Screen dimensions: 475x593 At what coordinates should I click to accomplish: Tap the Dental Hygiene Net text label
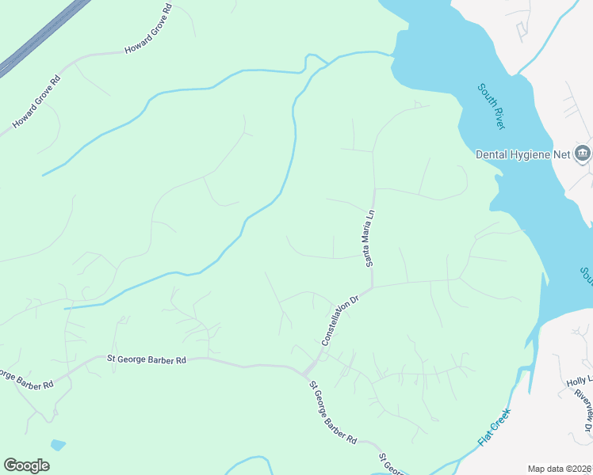(x=522, y=154)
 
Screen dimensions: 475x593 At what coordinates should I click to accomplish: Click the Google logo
(x=26, y=465)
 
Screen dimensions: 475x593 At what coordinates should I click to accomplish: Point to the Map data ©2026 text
(x=559, y=468)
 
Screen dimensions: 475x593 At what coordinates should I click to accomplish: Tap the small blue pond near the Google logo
(x=57, y=445)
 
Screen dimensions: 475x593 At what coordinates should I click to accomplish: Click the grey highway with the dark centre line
(x=40, y=40)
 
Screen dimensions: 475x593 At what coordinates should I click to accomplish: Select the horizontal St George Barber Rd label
(x=147, y=359)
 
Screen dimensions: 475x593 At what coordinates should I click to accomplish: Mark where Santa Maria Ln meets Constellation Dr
(x=371, y=287)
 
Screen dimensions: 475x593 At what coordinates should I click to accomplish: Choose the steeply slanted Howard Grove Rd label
(x=36, y=102)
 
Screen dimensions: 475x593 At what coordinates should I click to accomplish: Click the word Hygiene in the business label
(x=533, y=154)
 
